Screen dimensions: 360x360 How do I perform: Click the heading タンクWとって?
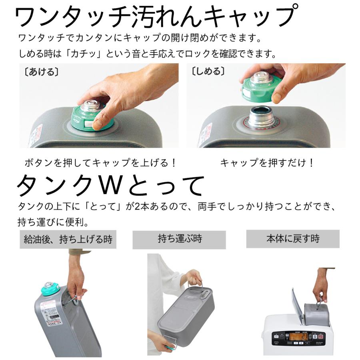coord(110,185)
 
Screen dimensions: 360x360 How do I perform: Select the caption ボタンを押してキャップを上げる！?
coord(100,163)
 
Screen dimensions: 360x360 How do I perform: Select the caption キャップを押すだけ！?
coord(267,163)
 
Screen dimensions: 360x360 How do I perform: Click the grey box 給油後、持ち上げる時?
coord(68,239)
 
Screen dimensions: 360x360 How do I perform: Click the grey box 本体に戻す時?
coord(293,239)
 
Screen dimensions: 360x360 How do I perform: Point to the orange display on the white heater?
coord(298,336)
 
